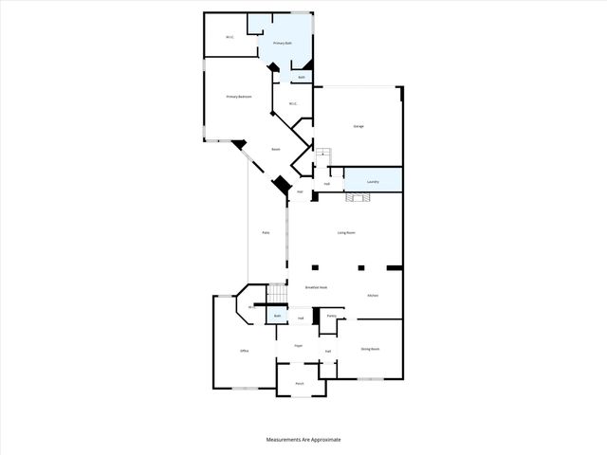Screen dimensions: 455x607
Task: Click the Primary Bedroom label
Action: (238, 97)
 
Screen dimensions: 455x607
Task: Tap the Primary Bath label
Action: (282, 44)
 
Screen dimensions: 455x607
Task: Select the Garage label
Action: (359, 126)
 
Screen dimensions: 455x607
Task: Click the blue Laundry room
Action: (373, 181)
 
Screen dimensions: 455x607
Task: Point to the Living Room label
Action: (346, 232)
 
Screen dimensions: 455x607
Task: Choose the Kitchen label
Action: (373, 296)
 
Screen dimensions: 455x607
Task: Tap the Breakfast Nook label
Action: (316, 287)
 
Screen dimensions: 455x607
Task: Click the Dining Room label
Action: (370, 349)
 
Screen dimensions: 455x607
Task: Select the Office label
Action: (244, 352)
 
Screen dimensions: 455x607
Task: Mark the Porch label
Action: (299, 383)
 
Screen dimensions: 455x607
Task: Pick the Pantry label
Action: (331, 316)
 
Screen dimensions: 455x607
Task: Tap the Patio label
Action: (267, 233)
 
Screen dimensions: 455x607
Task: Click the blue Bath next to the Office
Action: (277, 316)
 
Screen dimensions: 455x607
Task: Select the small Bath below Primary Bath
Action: (302, 77)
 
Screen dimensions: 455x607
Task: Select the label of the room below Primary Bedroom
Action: (276, 149)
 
